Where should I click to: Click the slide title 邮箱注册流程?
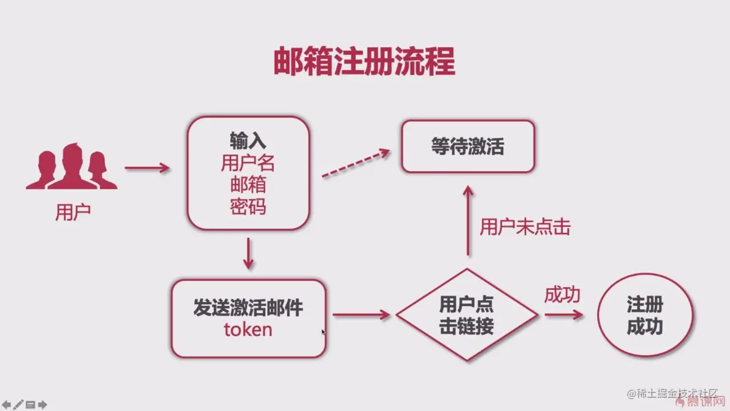(364, 62)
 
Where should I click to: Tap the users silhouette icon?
(71, 166)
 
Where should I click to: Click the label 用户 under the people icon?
(72, 212)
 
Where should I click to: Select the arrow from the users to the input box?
(147, 168)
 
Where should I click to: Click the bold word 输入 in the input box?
(248, 141)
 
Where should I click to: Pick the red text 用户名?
(248, 163)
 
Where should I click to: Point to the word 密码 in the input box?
(248, 207)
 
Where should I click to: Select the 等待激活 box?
(468, 147)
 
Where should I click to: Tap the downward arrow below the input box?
(248, 254)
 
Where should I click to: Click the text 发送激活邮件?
(248, 308)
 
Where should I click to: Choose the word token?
(248, 329)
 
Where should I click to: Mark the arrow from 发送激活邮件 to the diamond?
(361, 315)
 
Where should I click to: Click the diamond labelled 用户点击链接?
(467, 315)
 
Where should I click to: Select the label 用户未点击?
(525, 227)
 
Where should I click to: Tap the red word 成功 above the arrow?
(562, 295)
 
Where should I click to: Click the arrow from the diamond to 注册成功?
(563, 315)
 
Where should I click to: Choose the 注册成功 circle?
(645, 315)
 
